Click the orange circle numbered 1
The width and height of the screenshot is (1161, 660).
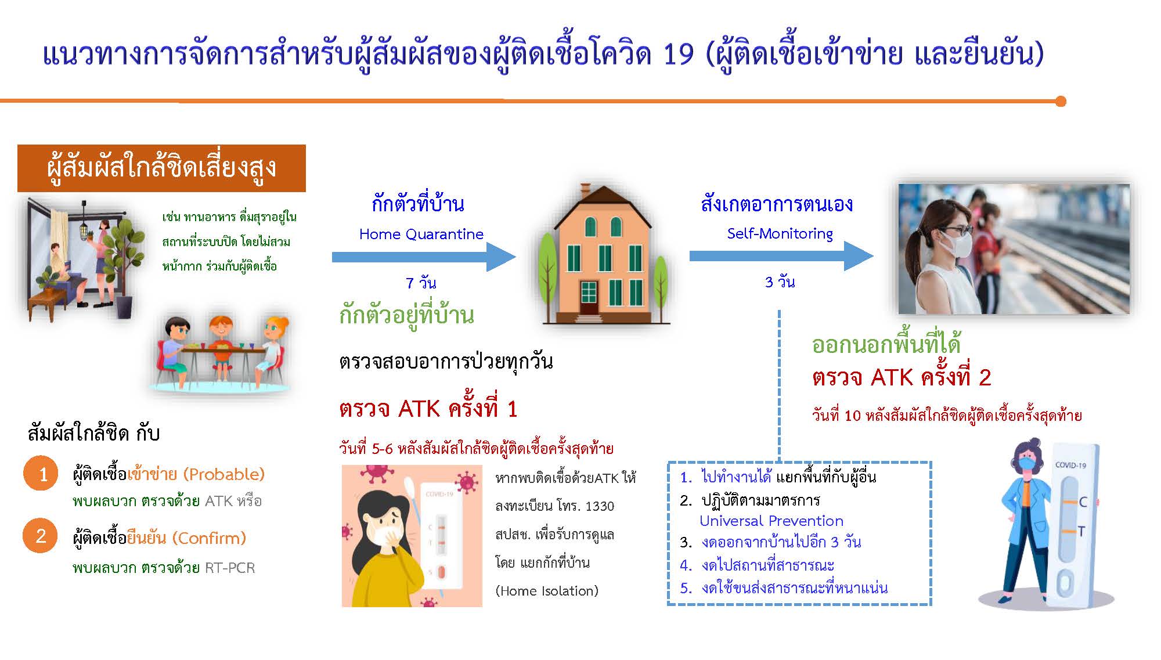pyautogui.click(x=41, y=474)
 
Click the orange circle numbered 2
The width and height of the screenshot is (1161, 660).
pyautogui.click(x=41, y=535)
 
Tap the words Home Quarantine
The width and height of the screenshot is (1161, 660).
pyautogui.click(x=421, y=234)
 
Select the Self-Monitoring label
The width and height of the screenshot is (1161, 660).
pyautogui.click(x=780, y=233)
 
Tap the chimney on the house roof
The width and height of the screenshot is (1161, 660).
pyautogui.click(x=585, y=190)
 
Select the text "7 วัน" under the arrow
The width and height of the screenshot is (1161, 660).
pyautogui.click(x=421, y=283)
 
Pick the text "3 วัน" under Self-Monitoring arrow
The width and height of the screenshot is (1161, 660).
pyautogui.click(x=780, y=283)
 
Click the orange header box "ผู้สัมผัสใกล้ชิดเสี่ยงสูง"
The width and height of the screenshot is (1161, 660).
pyautogui.click(x=161, y=168)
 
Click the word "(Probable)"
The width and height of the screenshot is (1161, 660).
pyautogui.click(x=223, y=474)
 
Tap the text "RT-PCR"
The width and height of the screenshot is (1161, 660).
pyautogui.click(x=230, y=568)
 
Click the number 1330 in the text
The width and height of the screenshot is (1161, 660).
pyautogui.click(x=600, y=506)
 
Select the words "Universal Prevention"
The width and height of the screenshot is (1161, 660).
pyautogui.click(x=771, y=521)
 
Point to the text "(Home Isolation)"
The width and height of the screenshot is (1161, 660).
pyautogui.click(x=546, y=591)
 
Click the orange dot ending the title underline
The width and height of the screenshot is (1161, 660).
pyautogui.click(x=1061, y=102)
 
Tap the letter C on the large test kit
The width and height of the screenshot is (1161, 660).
pyautogui.click(x=1082, y=502)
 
